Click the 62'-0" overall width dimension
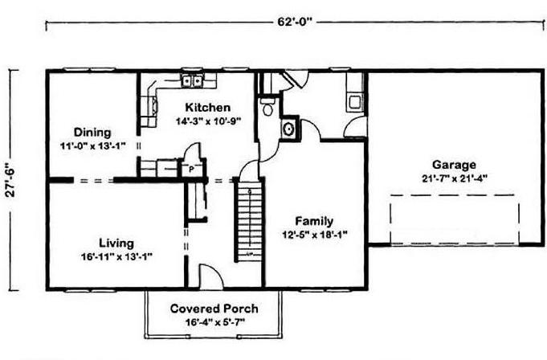[x=295, y=22]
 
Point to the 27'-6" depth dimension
[x=10, y=180]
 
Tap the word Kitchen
[x=207, y=108]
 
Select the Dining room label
[x=92, y=133]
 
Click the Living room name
[x=116, y=243]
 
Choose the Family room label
[x=314, y=221]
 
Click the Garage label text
[x=454, y=165]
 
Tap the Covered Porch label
[x=214, y=309]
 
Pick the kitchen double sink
[x=192, y=81]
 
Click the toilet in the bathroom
[x=267, y=107]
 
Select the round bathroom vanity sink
[x=288, y=129]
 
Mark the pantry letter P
[x=191, y=170]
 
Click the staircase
[x=249, y=220]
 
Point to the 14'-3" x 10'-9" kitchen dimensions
[x=208, y=121]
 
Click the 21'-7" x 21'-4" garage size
[x=454, y=178]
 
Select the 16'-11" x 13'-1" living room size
[x=116, y=257]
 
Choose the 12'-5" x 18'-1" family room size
[x=315, y=235]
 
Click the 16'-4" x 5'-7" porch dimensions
[x=215, y=322]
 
